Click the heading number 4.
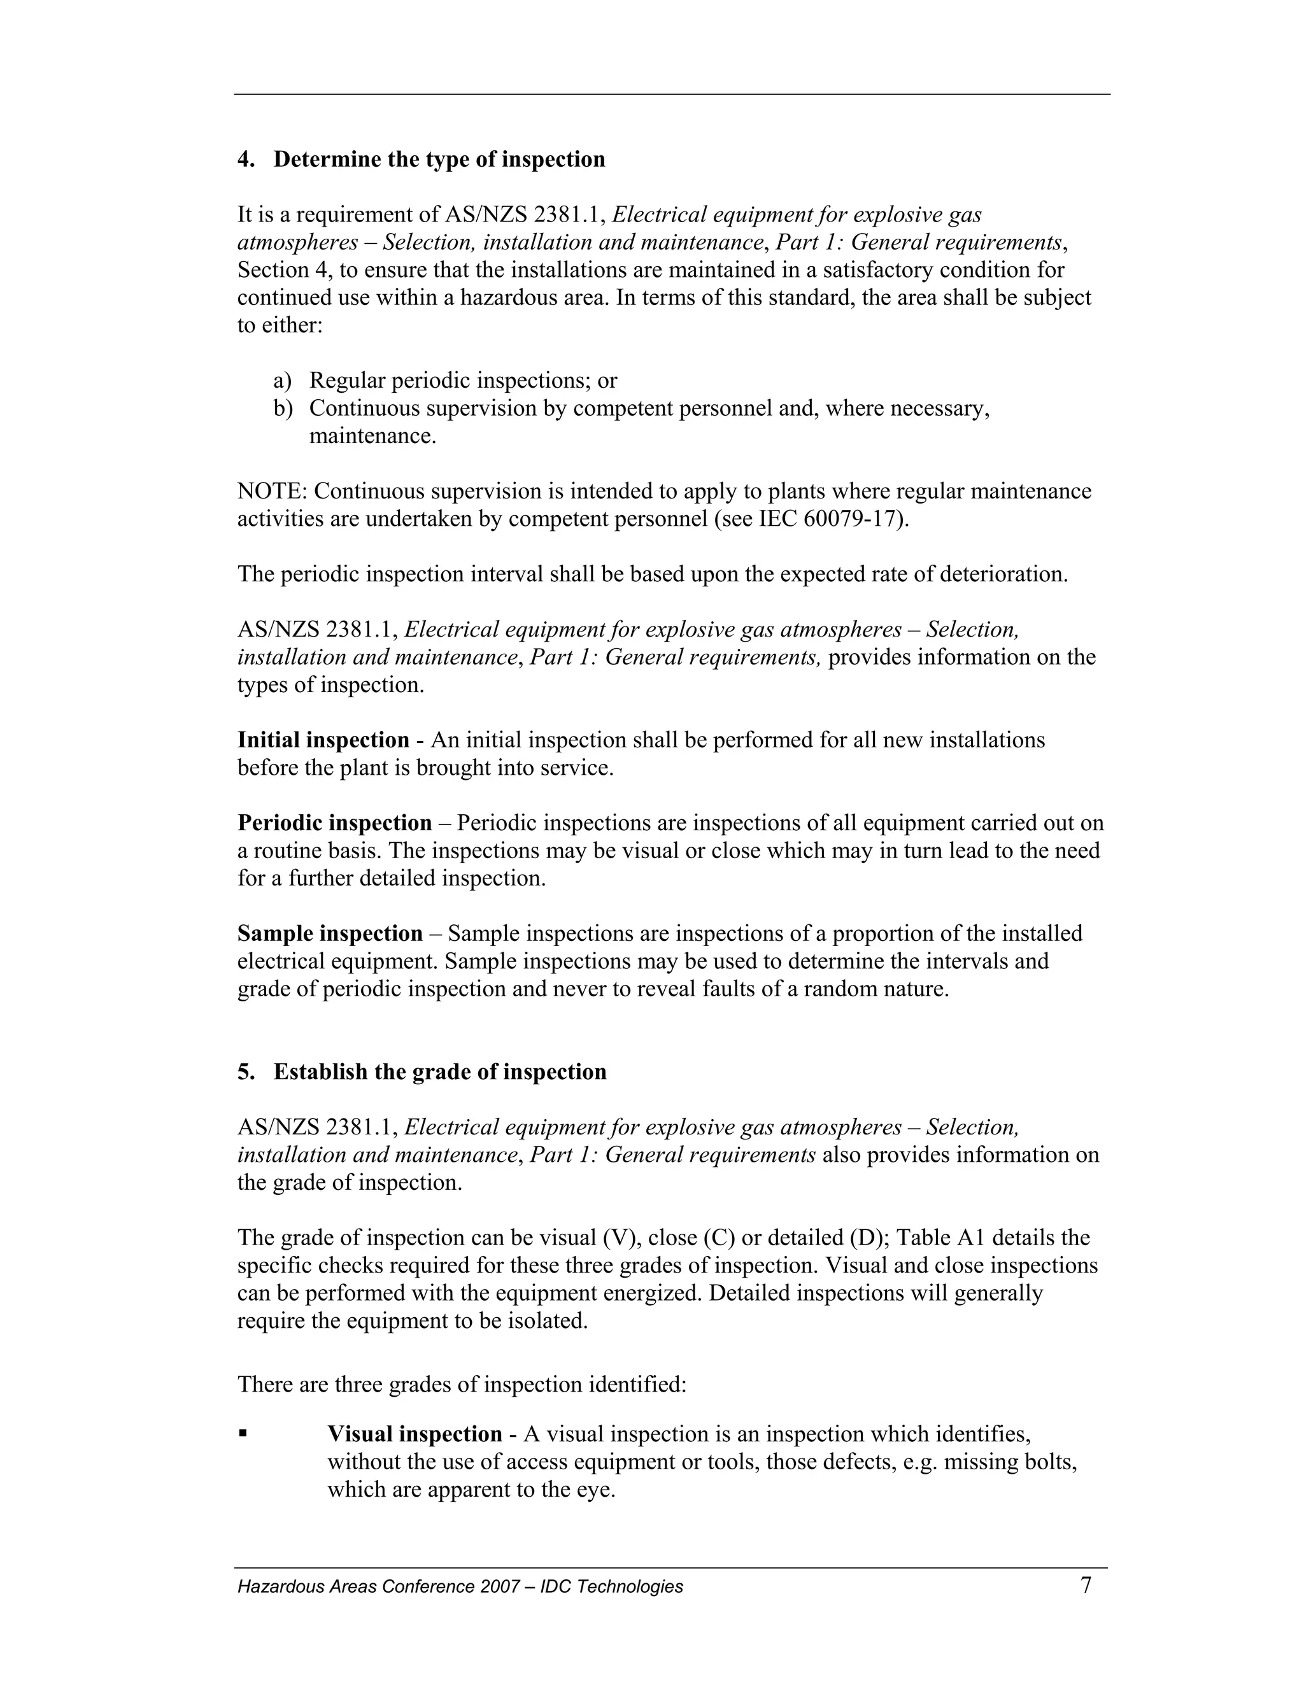(x=245, y=159)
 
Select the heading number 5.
(x=245, y=1072)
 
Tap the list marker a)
(x=283, y=381)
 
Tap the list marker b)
(x=283, y=409)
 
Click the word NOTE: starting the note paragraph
(x=273, y=491)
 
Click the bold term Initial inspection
(x=323, y=740)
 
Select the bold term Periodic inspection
(x=334, y=823)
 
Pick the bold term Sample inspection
(x=330, y=934)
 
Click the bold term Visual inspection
(x=415, y=1434)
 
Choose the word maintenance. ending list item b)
(x=372, y=437)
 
